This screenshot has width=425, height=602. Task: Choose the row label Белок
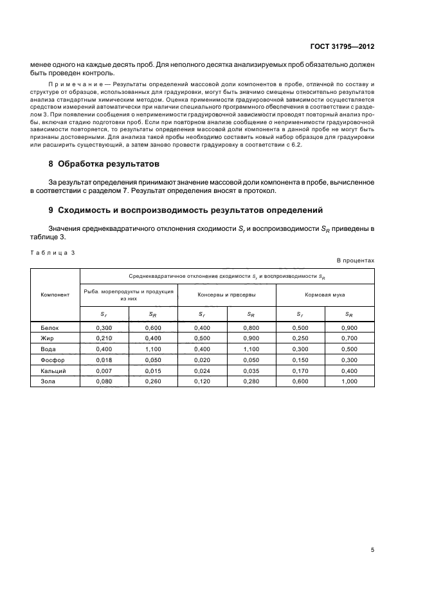tap(50, 327)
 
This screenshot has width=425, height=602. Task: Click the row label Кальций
tap(52, 370)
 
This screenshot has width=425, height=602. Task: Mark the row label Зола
tap(49, 381)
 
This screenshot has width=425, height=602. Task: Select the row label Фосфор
tap(52, 360)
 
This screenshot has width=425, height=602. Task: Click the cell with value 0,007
tap(104, 370)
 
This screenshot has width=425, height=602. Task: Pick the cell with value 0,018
tap(104, 360)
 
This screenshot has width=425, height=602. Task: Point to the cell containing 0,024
tap(202, 370)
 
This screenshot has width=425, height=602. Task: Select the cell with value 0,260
tap(152, 381)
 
